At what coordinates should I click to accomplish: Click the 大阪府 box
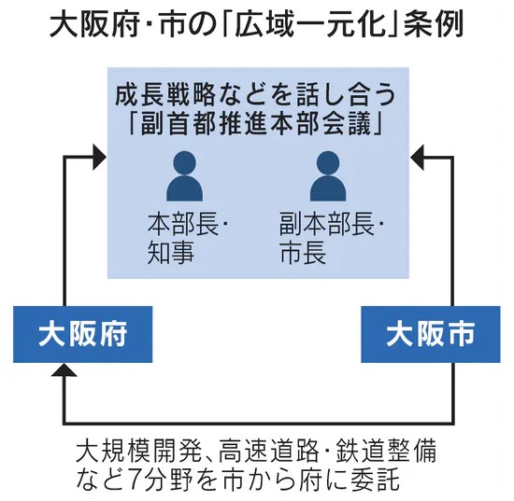point(82,334)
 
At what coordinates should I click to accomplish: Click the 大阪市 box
point(431,334)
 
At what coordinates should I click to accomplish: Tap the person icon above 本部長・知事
point(184,176)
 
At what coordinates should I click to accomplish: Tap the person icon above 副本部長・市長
point(328,176)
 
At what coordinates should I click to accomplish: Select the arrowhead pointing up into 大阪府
point(64,369)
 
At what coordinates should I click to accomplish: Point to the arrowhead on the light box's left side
point(100,157)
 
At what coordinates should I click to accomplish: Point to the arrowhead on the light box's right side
point(417,157)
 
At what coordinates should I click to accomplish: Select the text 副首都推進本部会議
point(258,124)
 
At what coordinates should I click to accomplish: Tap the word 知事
point(171,252)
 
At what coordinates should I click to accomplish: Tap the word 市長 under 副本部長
point(303,252)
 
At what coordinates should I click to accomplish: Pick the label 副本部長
point(327,224)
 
